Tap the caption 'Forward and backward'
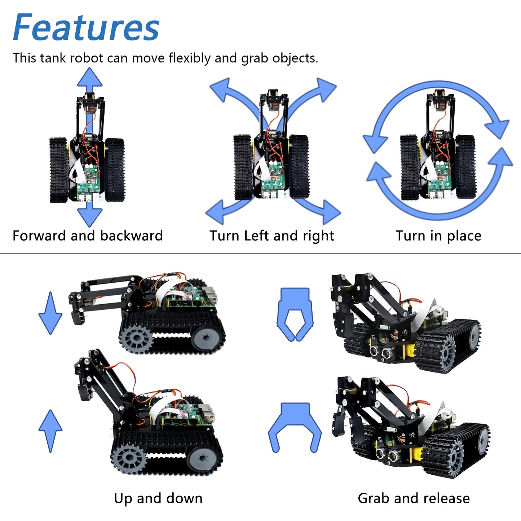(x=88, y=236)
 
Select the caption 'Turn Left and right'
(x=272, y=236)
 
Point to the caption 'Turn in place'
(x=438, y=236)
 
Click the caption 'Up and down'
(x=158, y=498)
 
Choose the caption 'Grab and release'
(x=414, y=498)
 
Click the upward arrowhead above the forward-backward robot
(x=89, y=78)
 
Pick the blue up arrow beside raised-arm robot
(x=50, y=431)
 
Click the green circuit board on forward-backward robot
(x=89, y=180)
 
